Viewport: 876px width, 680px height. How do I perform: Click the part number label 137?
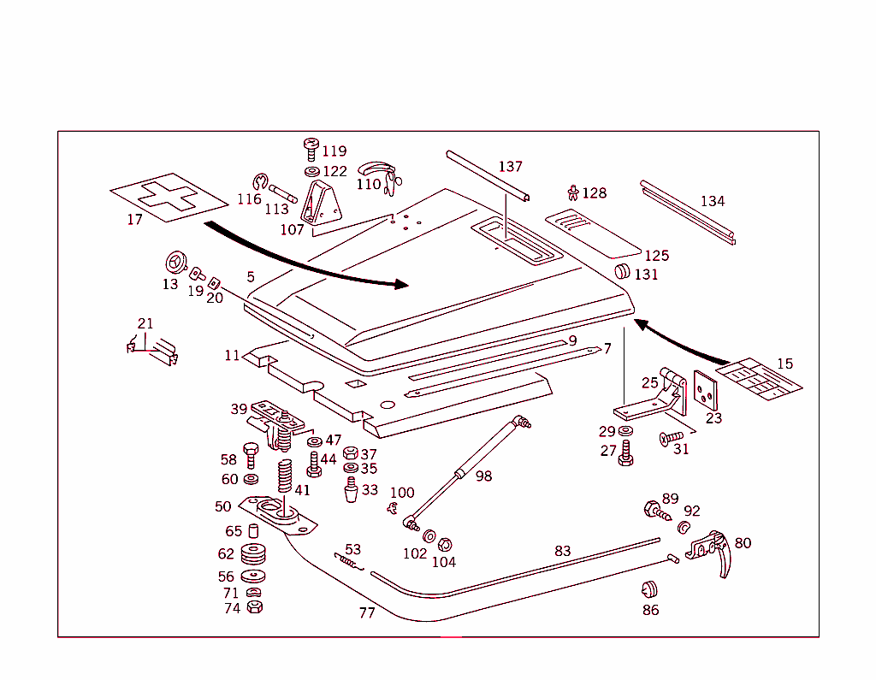coord(510,167)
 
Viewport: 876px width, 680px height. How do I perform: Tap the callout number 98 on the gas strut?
coord(484,476)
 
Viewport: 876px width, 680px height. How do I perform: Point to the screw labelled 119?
coord(310,151)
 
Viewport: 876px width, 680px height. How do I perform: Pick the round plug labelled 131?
coord(622,273)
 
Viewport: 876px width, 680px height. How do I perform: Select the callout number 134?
coord(712,202)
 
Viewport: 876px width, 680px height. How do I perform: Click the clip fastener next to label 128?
coord(573,193)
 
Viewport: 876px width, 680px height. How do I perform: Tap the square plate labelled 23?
coord(707,391)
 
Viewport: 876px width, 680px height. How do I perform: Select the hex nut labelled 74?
coord(254,607)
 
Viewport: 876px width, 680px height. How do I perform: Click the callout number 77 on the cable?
coord(367,613)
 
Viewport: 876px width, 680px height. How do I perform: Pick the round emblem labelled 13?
coord(175,262)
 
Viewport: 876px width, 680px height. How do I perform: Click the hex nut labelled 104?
coord(445,545)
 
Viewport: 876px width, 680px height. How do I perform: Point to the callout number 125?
coord(657,256)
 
